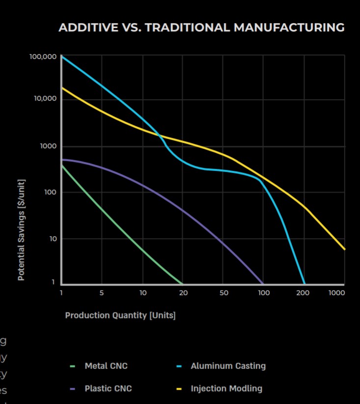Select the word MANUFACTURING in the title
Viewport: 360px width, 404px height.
tap(289, 27)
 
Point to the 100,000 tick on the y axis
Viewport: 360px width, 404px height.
tap(43, 57)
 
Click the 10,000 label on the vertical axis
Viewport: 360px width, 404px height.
tap(45, 99)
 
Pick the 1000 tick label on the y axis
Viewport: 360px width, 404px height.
tap(48, 146)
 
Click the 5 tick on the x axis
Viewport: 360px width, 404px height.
tap(102, 293)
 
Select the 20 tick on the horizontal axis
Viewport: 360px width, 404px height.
tap(183, 293)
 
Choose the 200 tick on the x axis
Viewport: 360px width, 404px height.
tap(303, 293)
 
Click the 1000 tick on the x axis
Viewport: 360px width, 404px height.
tap(336, 293)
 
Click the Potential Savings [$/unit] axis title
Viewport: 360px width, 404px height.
tap(21, 230)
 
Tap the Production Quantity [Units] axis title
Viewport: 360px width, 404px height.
tap(120, 315)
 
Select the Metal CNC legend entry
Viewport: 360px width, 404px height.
tap(106, 366)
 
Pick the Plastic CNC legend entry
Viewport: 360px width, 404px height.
tap(108, 388)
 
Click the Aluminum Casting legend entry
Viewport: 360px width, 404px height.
tap(228, 366)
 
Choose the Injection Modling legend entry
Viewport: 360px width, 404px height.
tap(226, 388)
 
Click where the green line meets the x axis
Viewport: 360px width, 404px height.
tap(182, 284)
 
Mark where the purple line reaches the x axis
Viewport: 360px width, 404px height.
tap(263, 284)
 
